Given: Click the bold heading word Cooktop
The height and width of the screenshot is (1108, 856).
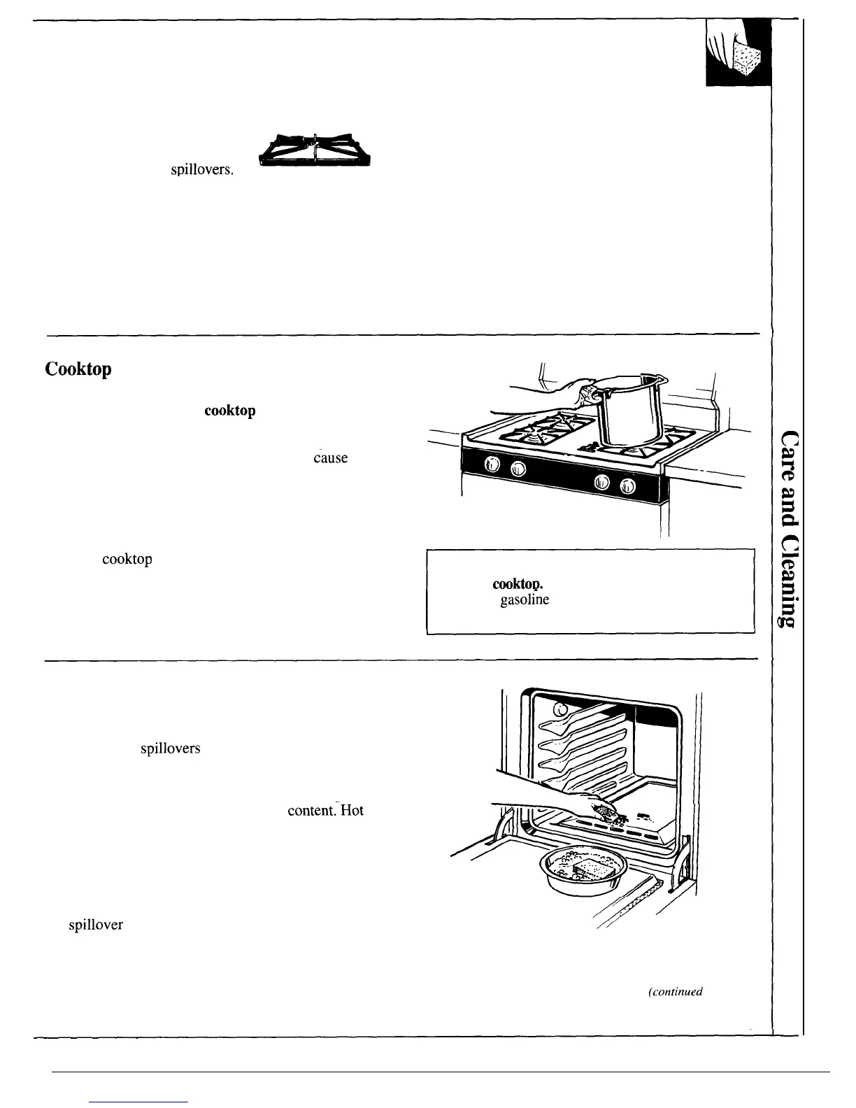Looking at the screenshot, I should (x=78, y=369).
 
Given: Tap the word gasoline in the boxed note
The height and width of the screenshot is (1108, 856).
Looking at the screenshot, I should (x=525, y=600).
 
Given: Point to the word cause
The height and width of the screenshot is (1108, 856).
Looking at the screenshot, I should (x=330, y=458).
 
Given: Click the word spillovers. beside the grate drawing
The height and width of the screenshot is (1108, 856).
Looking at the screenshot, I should (x=202, y=169).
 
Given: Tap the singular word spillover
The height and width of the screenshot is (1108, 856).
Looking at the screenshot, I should (x=95, y=925).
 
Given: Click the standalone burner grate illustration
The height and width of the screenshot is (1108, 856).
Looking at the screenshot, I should (x=315, y=150).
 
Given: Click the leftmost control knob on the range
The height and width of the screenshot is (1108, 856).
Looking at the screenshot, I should (x=492, y=467).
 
